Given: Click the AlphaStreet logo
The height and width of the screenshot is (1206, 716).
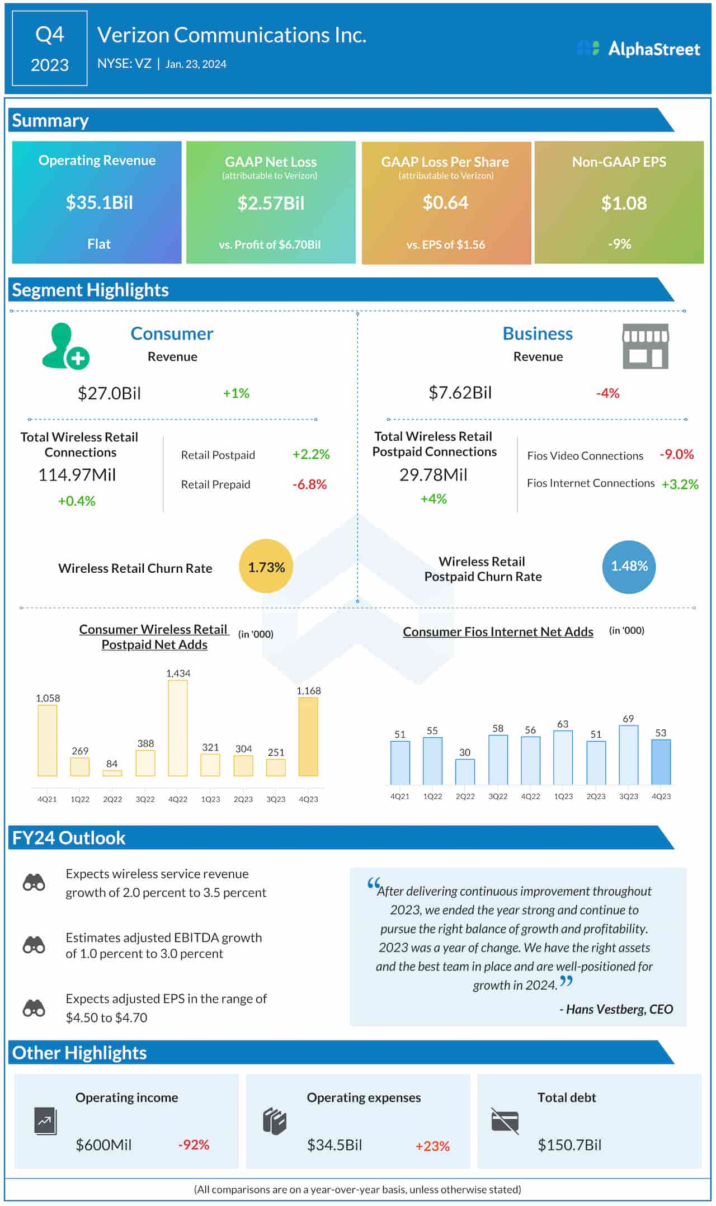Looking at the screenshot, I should coord(638,49).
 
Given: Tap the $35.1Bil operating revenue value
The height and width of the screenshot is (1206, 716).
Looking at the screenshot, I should coord(99,202).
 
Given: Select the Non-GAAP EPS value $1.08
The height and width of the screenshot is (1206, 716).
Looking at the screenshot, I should coord(623,202).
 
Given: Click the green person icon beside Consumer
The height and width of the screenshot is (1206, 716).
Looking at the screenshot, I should coord(64,347).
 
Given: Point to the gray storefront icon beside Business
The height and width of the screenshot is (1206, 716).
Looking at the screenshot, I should coord(645,346).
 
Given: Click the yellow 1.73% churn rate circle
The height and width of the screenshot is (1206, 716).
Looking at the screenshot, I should coord(266,567).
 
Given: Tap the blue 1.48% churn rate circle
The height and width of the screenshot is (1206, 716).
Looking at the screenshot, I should coord(629,566).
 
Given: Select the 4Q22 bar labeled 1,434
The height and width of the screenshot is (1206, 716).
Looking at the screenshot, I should coord(178,728).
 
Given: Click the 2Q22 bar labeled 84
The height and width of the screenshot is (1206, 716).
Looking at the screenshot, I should coord(112,773).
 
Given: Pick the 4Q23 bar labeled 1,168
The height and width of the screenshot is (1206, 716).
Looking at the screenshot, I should coord(308,737).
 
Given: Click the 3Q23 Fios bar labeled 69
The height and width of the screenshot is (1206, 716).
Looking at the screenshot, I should coord(628,755).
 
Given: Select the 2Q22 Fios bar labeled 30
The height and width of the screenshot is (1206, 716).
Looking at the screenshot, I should coord(465,771).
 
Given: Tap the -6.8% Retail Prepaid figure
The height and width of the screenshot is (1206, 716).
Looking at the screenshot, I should coord(309,484).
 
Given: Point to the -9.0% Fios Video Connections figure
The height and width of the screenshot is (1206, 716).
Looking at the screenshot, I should coord(676,454).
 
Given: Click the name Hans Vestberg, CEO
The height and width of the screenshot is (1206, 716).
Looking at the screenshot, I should coord(619,1009).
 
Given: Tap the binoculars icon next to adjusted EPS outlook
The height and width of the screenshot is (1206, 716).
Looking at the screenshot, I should coord(34,1008).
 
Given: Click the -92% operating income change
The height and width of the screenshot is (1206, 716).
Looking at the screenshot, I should coord(194,1145).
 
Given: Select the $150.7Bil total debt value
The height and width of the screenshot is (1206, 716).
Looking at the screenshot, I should coord(569,1145).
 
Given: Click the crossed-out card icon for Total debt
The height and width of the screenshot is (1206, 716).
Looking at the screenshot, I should coord(505,1121).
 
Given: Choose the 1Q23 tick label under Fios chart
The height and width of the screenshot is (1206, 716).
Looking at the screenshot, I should coord(563,796).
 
